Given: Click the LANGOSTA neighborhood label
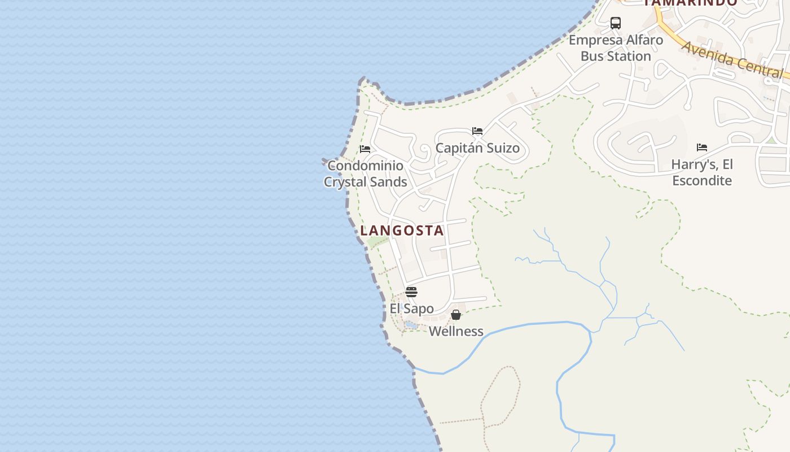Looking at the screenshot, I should coord(402,231).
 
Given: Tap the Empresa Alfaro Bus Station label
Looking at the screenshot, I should coord(616,48).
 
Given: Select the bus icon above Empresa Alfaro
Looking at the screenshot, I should coord(616,23).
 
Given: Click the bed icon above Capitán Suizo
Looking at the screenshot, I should coord(477,131).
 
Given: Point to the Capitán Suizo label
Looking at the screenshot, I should coord(477,148).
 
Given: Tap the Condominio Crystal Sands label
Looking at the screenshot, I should coord(365,173).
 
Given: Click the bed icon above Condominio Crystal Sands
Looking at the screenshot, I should coord(365,149).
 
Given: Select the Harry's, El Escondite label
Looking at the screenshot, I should coord(702,172).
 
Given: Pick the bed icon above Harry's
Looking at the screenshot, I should coord(702,147).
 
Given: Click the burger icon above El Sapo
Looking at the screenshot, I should coord(411,292).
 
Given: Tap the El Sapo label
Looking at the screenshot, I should coord(412,308).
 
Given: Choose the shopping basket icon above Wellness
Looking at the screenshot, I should coord(456,315).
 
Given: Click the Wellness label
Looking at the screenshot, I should coord(456,331).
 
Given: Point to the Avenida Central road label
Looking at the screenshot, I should coord(732,59).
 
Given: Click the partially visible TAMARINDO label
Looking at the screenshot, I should coord(690,3).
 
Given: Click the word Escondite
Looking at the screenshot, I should coord(702,181).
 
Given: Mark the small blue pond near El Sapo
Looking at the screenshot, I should coord(411,325).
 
